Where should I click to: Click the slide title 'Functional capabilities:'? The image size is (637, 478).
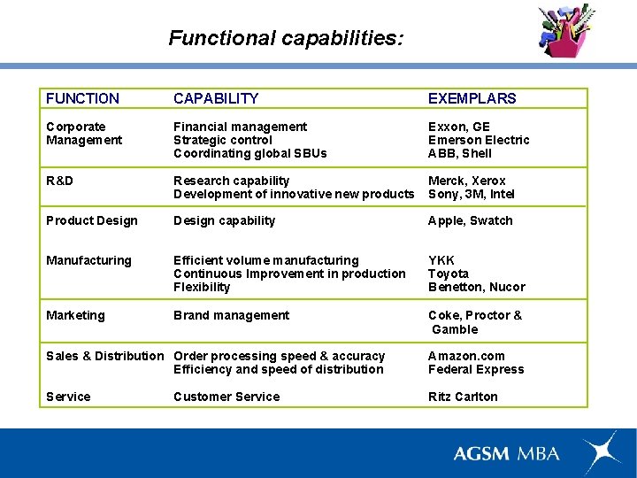286,38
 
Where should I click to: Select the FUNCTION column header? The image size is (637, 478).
82,98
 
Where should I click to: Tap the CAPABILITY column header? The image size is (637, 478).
216,98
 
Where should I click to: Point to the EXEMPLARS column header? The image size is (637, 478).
472,98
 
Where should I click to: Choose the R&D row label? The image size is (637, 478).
59,181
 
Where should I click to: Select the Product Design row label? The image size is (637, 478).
92,220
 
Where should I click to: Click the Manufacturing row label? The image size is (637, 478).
88,260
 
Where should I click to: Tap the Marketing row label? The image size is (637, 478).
75,315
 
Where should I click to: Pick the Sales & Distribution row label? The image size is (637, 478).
105,356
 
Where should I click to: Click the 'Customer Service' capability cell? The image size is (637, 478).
226,397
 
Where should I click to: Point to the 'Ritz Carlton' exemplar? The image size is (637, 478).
463,397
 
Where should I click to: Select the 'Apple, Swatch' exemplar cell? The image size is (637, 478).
470,220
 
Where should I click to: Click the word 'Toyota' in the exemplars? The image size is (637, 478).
449,274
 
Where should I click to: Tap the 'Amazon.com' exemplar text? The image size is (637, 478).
465,356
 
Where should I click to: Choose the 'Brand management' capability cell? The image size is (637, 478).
231,315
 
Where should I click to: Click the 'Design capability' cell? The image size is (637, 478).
224,220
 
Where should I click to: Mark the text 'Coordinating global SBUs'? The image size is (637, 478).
249,153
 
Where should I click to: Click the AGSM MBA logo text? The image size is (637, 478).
506,453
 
